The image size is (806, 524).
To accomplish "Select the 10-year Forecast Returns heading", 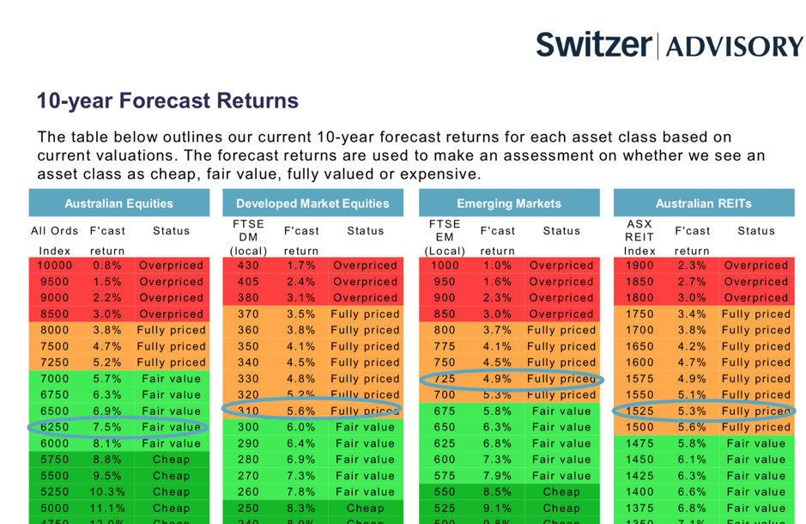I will pyautogui.click(x=167, y=101).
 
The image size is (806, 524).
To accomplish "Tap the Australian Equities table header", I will pyautogui.click(x=118, y=204).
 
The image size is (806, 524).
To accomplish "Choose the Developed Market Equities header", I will pyautogui.click(x=312, y=204).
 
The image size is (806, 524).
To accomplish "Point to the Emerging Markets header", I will pyautogui.click(x=508, y=204).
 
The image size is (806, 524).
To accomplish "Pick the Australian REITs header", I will pyautogui.click(x=703, y=204).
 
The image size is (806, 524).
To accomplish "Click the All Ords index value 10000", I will pyautogui.click(x=54, y=265).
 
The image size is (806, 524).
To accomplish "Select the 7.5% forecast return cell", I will pyautogui.click(x=108, y=427).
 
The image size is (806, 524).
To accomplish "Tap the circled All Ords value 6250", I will pyautogui.click(x=54, y=427).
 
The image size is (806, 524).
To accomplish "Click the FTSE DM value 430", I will pyautogui.click(x=248, y=265).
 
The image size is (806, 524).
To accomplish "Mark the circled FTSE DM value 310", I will pyautogui.click(x=248, y=411).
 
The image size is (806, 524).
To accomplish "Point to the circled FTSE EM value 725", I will pyautogui.click(x=445, y=379).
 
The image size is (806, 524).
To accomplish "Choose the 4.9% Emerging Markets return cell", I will pyautogui.click(x=497, y=379).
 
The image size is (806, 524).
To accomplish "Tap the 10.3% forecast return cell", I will pyautogui.click(x=108, y=491).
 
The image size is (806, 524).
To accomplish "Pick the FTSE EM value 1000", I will pyautogui.click(x=445, y=265).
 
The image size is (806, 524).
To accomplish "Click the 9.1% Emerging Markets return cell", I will pyautogui.click(x=497, y=508).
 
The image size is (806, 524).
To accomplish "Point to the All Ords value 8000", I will pyautogui.click(x=54, y=330).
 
